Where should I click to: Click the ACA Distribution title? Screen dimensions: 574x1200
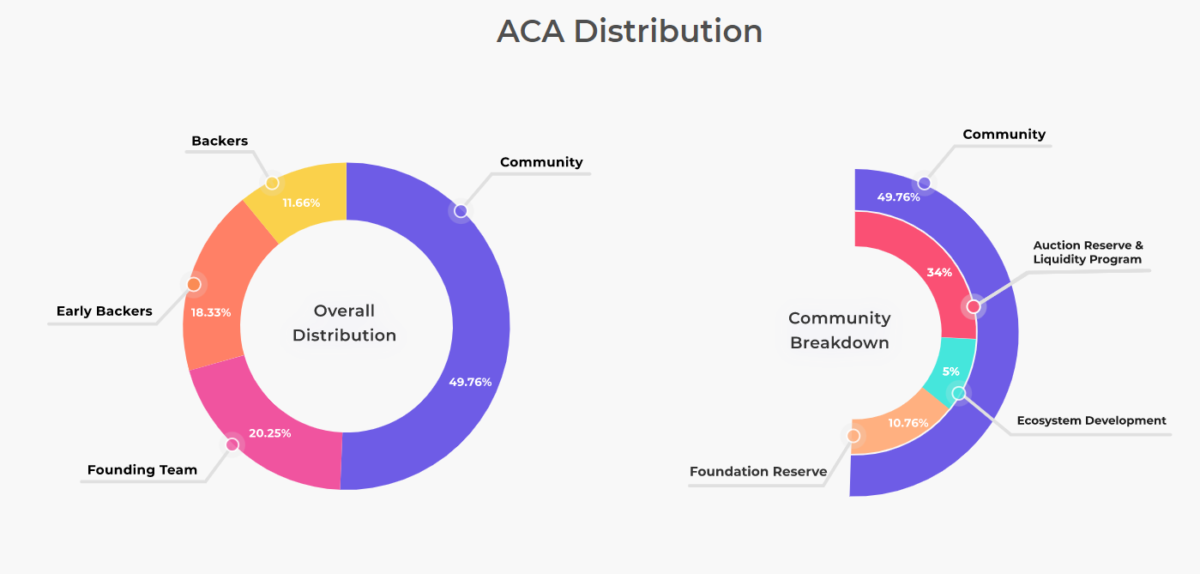(630, 32)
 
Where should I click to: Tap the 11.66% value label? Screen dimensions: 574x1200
(301, 203)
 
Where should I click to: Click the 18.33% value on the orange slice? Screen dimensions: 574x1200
(211, 312)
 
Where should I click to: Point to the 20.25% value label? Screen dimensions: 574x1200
(270, 433)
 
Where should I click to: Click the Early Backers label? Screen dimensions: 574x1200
(105, 311)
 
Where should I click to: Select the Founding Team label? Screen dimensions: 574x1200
(142, 470)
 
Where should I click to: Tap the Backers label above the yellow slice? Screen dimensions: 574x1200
(220, 141)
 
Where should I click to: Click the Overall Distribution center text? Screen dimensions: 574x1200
(344, 323)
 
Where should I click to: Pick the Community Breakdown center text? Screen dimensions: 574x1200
(840, 330)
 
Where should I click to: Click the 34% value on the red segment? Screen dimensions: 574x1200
(939, 273)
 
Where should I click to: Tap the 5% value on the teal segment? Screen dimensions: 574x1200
(951, 372)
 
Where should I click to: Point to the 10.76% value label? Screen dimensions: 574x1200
(908, 423)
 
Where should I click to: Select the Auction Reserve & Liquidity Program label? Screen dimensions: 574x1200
(1088, 252)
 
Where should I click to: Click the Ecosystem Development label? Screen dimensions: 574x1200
(1091, 420)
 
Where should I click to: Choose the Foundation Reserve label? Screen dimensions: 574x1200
(758, 471)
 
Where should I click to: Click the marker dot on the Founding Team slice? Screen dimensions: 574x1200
(232, 444)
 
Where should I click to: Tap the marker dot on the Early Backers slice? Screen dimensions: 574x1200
(194, 284)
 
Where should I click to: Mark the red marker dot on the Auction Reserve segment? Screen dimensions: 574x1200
(974, 306)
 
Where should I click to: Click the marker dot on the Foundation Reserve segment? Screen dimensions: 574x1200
(853, 436)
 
